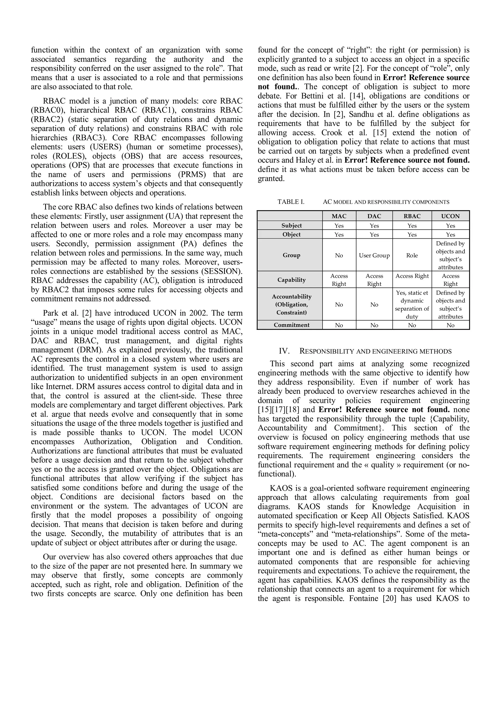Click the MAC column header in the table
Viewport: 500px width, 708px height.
point(339,216)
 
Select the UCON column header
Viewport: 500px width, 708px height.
point(450,216)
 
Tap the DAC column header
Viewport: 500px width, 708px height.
point(374,216)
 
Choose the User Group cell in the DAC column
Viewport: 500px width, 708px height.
point(374,255)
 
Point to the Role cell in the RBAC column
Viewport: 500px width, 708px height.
point(412,255)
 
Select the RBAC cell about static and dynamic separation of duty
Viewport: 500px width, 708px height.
point(412,304)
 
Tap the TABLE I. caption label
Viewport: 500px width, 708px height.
point(291,202)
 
